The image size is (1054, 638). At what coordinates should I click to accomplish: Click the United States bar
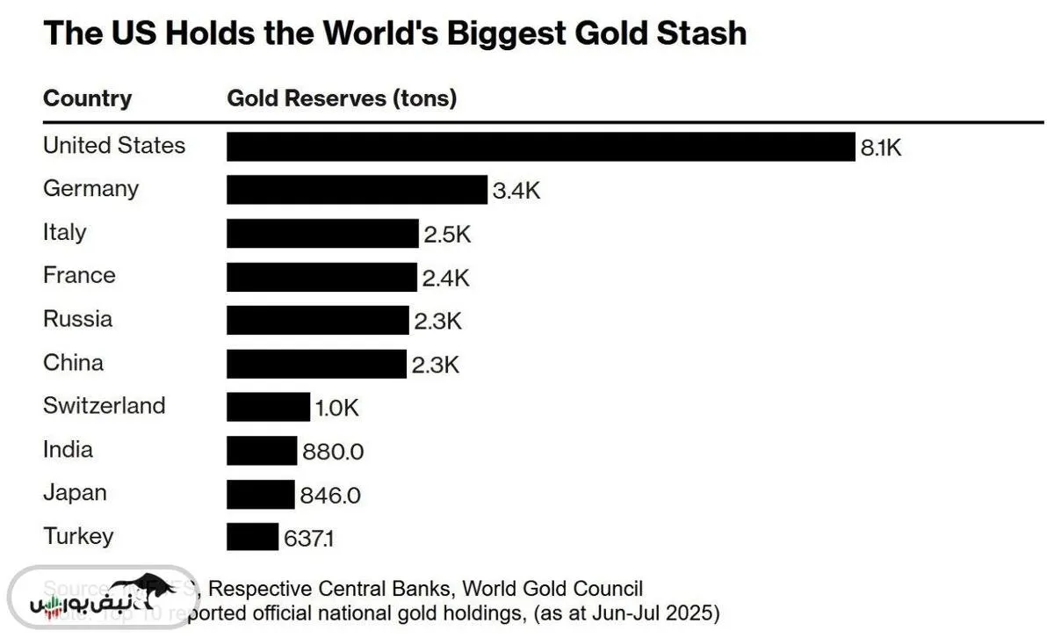(x=540, y=147)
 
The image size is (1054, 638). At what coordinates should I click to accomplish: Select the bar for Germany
(x=357, y=190)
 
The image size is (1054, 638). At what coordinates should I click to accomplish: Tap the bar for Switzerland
(x=268, y=408)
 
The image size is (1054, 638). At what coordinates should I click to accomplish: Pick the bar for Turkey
(x=252, y=537)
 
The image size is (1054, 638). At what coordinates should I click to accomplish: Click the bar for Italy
(x=322, y=234)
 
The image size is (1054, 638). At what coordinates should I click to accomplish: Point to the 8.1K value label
(x=881, y=148)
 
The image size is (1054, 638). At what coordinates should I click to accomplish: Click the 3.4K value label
(x=516, y=191)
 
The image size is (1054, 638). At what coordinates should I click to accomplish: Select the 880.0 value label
(x=333, y=452)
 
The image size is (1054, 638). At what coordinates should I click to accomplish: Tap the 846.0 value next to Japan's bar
(x=329, y=495)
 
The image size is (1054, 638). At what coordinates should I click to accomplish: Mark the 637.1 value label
(x=308, y=538)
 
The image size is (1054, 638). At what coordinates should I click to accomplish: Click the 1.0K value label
(x=337, y=408)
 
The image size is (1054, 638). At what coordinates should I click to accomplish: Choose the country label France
(x=79, y=275)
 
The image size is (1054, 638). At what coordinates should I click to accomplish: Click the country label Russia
(x=77, y=318)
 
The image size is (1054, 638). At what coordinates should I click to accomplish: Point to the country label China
(x=73, y=362)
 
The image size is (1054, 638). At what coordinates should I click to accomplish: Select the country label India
(x=68, y=449)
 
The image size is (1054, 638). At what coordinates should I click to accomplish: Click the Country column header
(x=87, y=98)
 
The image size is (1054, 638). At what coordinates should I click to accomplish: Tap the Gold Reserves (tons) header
(x=342, y=98)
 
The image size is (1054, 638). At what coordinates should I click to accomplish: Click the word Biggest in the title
(x=502, y=33)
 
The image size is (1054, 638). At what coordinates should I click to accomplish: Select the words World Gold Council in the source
(x=552, y=588)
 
